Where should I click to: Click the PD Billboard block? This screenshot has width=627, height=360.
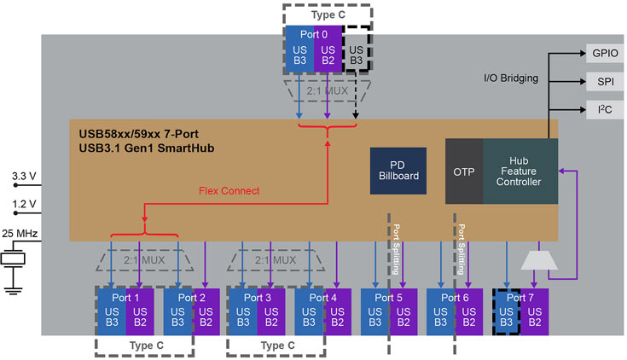pos(398,171)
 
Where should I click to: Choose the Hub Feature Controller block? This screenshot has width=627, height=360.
pos(520,171)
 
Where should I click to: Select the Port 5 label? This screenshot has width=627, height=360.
pos(388,298)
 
